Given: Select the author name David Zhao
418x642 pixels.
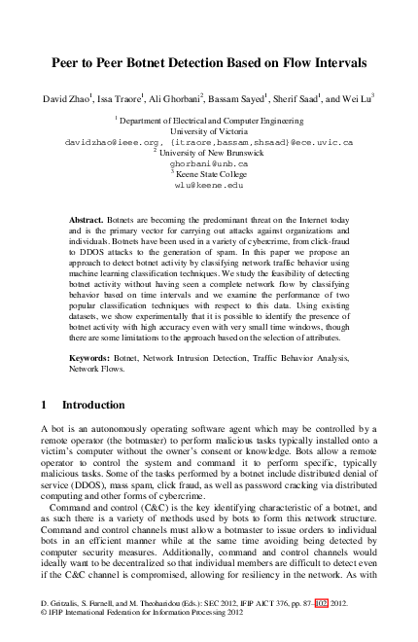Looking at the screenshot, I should tap(68, 98).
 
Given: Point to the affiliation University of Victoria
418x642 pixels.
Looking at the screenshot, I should tap(209, 130).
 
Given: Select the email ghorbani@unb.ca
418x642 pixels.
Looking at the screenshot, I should tap(209, 163).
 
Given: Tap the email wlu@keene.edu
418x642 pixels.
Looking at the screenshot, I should tap(209, 185).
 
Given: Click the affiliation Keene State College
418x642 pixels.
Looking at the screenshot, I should tap(211, 174).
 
